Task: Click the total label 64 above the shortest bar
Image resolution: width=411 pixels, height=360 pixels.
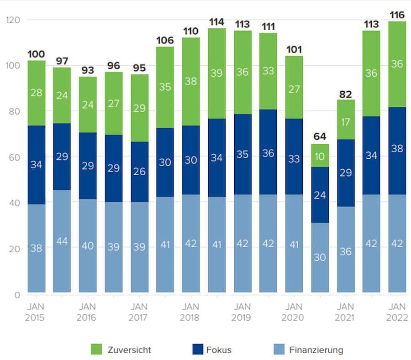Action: point(320,136)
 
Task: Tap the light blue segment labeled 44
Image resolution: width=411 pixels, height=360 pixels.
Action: point(62,241)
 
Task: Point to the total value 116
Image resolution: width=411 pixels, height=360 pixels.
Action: point(397,14)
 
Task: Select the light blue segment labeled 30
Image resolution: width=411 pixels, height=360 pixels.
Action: point(320,257)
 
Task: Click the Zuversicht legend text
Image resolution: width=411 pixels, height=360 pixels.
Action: point(129,350)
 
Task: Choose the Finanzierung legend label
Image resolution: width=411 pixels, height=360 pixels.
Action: point(316,350)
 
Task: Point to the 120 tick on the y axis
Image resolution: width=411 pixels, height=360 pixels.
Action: point(13,20)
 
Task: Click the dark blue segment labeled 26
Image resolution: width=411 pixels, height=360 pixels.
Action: point(139,172)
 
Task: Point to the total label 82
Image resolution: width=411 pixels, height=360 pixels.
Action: point(346,94)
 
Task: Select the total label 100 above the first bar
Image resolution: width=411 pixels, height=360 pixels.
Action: point(36,55)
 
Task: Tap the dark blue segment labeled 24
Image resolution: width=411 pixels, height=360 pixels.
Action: point(320,195)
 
